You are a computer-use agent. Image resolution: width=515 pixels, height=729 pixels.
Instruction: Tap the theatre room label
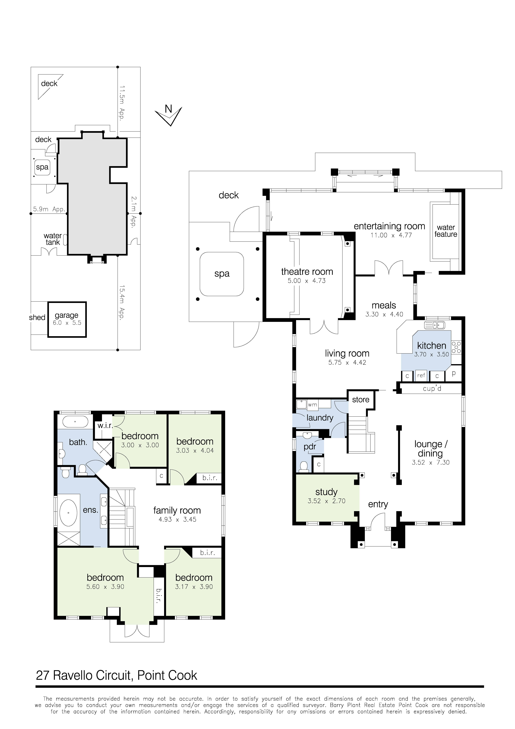click(307, 272)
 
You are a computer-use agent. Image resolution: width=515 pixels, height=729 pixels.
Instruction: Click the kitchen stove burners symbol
click(456, 347)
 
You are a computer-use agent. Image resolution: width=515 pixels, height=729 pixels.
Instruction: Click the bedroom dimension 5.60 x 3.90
click(105, 587)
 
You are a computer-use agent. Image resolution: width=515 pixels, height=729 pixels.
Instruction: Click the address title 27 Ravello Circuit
click(116, 675)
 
